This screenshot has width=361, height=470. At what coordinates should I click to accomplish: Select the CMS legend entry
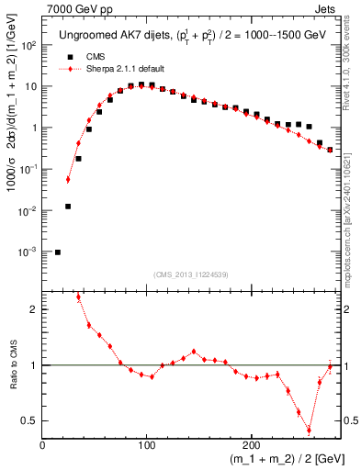(x=100, y=55)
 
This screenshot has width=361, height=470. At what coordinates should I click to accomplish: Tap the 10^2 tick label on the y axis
(x=28, y=45)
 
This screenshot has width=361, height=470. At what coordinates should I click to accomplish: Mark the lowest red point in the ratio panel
(x=309, y=429)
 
